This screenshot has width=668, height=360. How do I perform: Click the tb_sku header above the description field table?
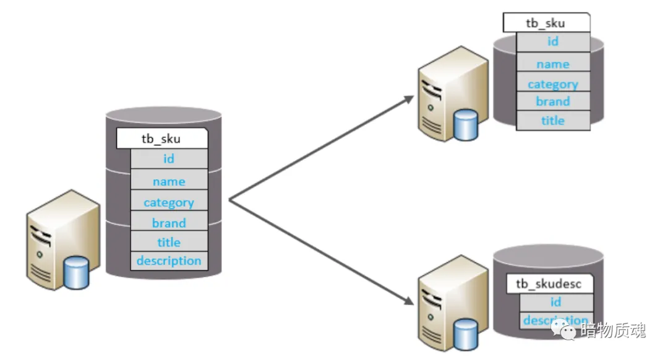click(161, 139)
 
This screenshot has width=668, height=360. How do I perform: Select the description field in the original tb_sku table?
click(169, 260)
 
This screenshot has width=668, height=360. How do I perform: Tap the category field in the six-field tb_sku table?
click(169, 202)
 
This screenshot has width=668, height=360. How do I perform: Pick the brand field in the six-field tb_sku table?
click(169, 223)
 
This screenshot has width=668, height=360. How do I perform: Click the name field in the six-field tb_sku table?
click(169, 181)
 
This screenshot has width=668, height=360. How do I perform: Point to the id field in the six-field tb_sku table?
click(169, 159)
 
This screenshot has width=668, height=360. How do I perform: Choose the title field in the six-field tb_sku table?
click(169, 242)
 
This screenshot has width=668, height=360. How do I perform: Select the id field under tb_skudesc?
click(555, 302)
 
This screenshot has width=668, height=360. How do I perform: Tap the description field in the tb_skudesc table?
click(555, 320)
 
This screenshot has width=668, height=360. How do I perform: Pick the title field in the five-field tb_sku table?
click(553, 121)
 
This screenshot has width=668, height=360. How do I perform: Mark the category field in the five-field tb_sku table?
click(553, 84)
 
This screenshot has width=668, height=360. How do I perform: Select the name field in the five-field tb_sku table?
click(553, 64)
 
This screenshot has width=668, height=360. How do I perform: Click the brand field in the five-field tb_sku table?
click(553, 101)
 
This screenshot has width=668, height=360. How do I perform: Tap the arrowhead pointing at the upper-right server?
click(408, 99)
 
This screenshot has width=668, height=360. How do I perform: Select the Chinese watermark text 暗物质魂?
click(613, 331)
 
